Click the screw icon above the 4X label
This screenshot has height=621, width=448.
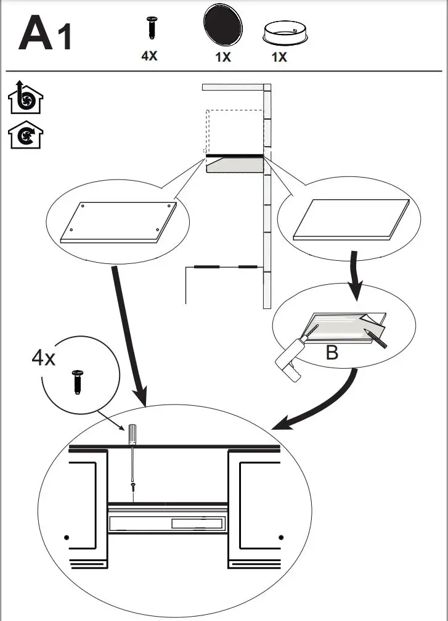(x=150, y=29)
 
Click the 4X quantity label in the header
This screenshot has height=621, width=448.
(x=149, y=56)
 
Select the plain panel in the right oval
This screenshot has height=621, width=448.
(x=351, y=219)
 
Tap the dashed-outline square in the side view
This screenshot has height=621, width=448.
(x=234, y=131)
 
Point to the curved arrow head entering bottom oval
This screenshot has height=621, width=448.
(x=281, y=426)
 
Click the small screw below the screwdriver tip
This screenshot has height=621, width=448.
(x=132, y=487)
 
